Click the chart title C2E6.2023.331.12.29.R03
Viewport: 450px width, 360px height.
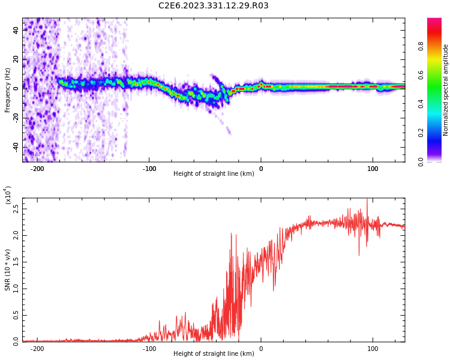tap(214, 6)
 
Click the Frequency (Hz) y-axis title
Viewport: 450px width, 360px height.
tap(8, 90)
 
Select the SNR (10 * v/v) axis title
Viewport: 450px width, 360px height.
tap(8, 270)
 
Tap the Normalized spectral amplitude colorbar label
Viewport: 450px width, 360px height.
tap(446, 90)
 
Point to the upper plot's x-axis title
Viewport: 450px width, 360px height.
tap(214, 173)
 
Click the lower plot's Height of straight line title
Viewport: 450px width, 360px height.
tap(214, 353)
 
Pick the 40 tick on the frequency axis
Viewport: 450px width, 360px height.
tap(16, 29)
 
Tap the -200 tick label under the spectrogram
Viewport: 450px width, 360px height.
tap(37, 168)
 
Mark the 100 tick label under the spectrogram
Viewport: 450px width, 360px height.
tap(373, 168)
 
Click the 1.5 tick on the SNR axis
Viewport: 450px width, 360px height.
tap(16, 262)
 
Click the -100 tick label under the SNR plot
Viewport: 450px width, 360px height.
tap(149, 348)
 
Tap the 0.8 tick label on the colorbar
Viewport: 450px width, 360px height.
tap(421, 46)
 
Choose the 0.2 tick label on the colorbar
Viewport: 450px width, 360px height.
tap(421, 133)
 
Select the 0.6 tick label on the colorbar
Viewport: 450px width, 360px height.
tap(421, 75)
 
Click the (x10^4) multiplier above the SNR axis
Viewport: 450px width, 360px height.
tap(8, 196)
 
